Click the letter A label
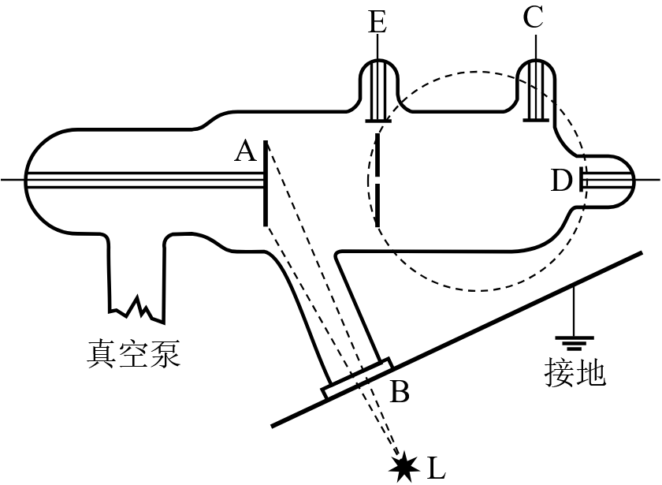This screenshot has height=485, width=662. [x=245, y=150]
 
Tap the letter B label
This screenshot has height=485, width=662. [x=400, y=392]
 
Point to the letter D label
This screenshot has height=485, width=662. [x=561, y=181]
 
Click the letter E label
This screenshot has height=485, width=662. [x=377, y=22]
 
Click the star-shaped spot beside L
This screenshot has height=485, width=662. [x=405, y=467]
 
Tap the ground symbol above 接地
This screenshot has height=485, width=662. [x=575, y=341]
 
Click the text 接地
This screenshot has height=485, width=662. [x=575, y=372]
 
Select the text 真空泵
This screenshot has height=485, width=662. [x=133, y=355]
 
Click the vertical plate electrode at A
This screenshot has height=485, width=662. [x=266, y=181]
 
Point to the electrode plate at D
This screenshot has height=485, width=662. [x=582, y=181]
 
